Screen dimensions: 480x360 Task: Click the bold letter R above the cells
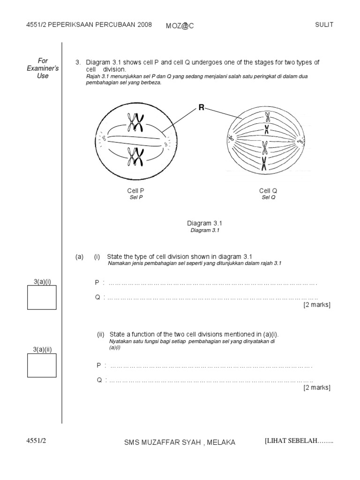(x=202, y=108)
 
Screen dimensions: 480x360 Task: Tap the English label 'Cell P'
(x=135, y=191)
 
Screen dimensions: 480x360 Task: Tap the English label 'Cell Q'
(x=268, y=191)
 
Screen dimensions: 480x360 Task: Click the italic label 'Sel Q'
(x=268, y=197)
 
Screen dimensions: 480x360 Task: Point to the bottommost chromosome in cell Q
(x=264, y=164)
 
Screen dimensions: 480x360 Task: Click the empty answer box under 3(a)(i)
(x=42, y=297)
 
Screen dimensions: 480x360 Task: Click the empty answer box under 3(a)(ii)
(x=42, y=365)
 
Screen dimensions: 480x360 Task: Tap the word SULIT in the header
(x=324, y=25)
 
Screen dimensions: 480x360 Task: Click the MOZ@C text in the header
(x=180, y=26)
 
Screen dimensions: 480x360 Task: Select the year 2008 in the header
(x=144, y=25)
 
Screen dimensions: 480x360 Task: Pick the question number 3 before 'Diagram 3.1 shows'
(x=77, y=62)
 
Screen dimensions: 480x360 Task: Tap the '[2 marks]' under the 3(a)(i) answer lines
(x=317, y=305)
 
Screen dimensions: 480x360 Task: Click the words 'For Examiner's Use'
(x=43, y=68)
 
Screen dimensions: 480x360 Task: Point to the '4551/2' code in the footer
(x=37, y=441)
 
